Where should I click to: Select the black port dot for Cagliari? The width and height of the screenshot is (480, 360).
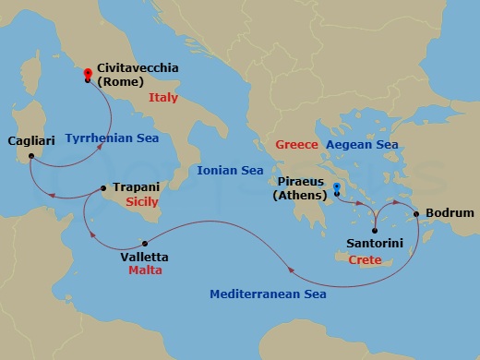click(x=30, y=155)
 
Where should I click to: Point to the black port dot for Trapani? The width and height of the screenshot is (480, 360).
click(x=103, y=187)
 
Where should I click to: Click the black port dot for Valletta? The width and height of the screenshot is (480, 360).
click(x=145, y=244)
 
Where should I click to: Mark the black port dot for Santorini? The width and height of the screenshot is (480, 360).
click(x=374, y=230)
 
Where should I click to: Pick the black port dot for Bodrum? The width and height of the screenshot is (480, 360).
click(x=417, y=214)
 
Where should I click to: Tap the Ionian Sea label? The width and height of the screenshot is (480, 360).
click(x=230, y=171)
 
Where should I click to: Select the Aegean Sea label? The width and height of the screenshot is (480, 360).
click(x=362, y=145)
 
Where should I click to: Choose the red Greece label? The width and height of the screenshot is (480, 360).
click(x=297, y=145)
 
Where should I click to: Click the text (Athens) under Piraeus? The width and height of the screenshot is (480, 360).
click(x=301, y=196)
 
